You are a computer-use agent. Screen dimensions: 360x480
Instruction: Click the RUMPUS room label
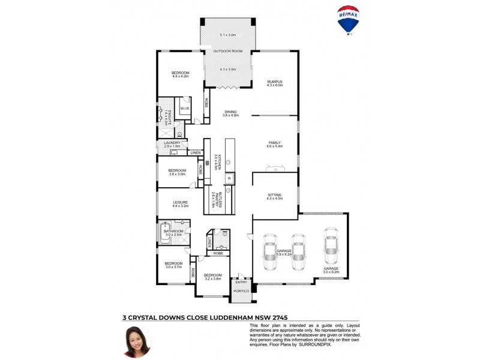[x=275, y=81]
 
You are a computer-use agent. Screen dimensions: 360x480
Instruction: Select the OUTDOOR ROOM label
[x=228, y=52]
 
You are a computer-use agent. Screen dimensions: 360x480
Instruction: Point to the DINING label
[x=231, y=112]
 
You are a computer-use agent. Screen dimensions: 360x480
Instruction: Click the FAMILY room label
[x=274, y=143]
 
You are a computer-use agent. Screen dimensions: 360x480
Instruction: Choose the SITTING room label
[x=274, y=194]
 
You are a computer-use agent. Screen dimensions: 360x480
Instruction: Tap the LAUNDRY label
[x=172, y=143]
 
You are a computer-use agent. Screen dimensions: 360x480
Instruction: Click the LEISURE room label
[x=181, y=202]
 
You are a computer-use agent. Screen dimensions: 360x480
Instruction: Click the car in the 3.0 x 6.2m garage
[x=330, y=245]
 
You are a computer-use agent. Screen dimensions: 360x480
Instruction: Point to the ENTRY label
[x=241, y=281]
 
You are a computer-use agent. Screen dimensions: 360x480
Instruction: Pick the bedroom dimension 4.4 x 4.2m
[x=181, y=76]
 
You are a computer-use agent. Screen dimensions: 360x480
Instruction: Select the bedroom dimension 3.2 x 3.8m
[x=213, y=279]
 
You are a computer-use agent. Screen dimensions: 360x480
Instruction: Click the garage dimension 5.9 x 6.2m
[x=284, y=254]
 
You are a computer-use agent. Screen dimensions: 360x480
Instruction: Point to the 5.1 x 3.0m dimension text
[x=228, y=35]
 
